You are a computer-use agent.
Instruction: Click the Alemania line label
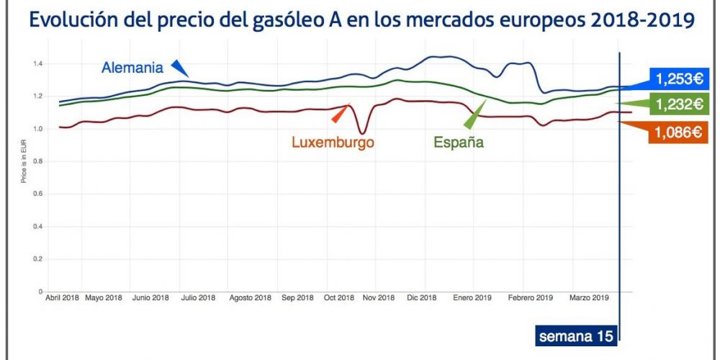(132, 68)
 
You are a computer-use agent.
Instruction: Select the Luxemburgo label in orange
(333, 142)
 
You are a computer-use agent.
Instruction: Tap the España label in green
(459, 142)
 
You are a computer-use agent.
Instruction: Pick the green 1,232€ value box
(678, 104)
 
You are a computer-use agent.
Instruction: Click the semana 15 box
(576, 336)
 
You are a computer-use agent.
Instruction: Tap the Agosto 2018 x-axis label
(251, 298)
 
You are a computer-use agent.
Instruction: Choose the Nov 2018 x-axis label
(379, 298)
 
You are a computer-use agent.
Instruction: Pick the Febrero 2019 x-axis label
(530, 298)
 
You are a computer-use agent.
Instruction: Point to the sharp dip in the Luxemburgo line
(363, 132)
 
